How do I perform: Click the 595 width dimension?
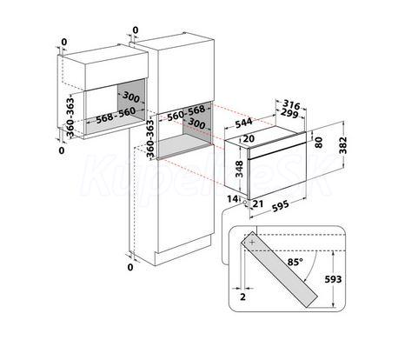point(281,206)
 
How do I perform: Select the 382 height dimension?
point(343,145)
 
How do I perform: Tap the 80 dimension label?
point(319,143)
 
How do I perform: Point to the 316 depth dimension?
point(291,104)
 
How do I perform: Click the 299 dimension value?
point(289,114)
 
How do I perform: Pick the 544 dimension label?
point(243,123)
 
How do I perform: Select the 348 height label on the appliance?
point(239,169)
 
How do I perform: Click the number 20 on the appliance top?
point(249,139)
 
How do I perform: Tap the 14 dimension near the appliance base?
point(232,199)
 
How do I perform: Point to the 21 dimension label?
point(258,203)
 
